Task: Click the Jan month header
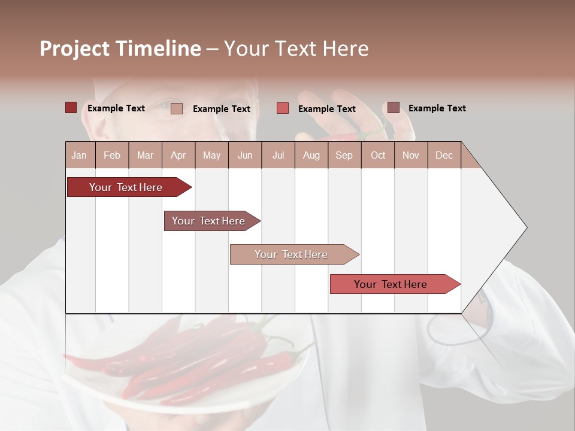pos(79,155)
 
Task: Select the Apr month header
pos(178,155)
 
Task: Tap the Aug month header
pos(311,155)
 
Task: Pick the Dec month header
pos(444,155)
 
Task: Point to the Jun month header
pos(244,155)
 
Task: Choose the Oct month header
pos(377,155)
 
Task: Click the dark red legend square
pos(71,108)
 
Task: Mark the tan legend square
pos(176,108)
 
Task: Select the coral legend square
pos(282,108)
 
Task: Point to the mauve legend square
pos(393,108)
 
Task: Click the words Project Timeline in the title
pos(120,48)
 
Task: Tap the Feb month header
pos(112,155)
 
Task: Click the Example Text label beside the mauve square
pos(437,108)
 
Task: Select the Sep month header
pos(344,155)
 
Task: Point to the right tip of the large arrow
pos(526,227)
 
